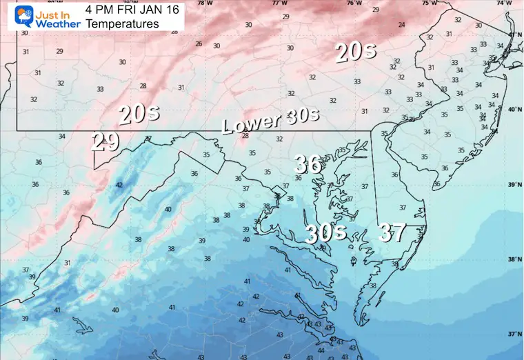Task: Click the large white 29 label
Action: pos(105,143)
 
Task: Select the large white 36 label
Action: pos(308,164)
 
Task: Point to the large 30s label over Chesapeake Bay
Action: pos(325,233)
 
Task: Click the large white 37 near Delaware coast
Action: pos(391,233)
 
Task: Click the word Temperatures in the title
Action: pos(122,24)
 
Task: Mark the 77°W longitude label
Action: pos(280,3)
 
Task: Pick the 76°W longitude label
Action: pos(354,3)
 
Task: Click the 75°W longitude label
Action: pos(429,3)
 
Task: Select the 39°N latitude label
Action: pos(514,186)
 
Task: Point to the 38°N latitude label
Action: pos(514,260)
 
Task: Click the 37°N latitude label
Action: pos(514,334)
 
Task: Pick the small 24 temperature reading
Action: pos(401,25)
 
